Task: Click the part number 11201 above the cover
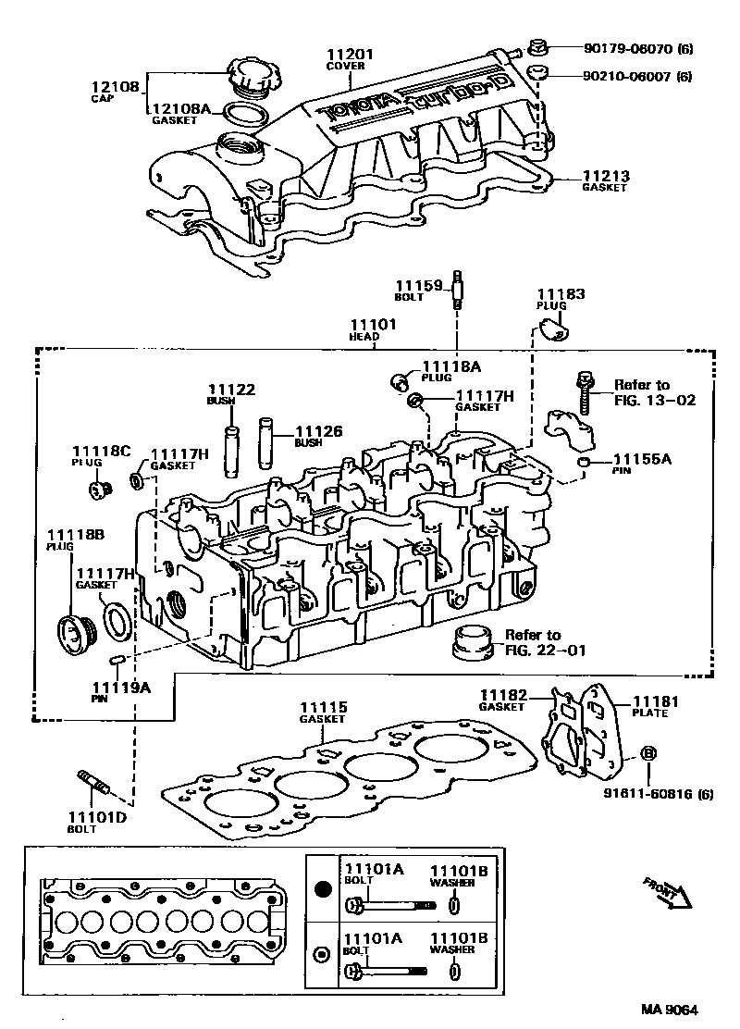[345, 53]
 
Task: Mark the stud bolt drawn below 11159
[458, 292]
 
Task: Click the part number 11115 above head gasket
[323, 708]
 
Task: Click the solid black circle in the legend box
[323, 890]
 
